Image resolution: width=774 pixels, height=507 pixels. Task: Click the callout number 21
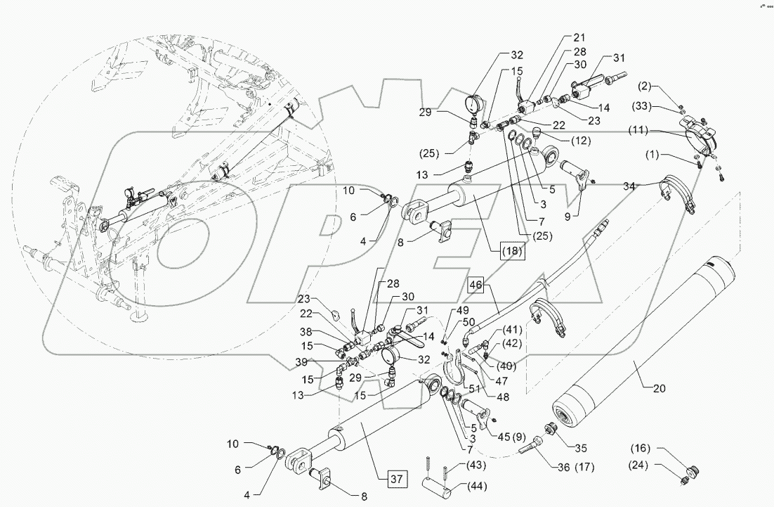(578, 37)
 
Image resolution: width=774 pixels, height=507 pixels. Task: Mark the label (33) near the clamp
(661, 107)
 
